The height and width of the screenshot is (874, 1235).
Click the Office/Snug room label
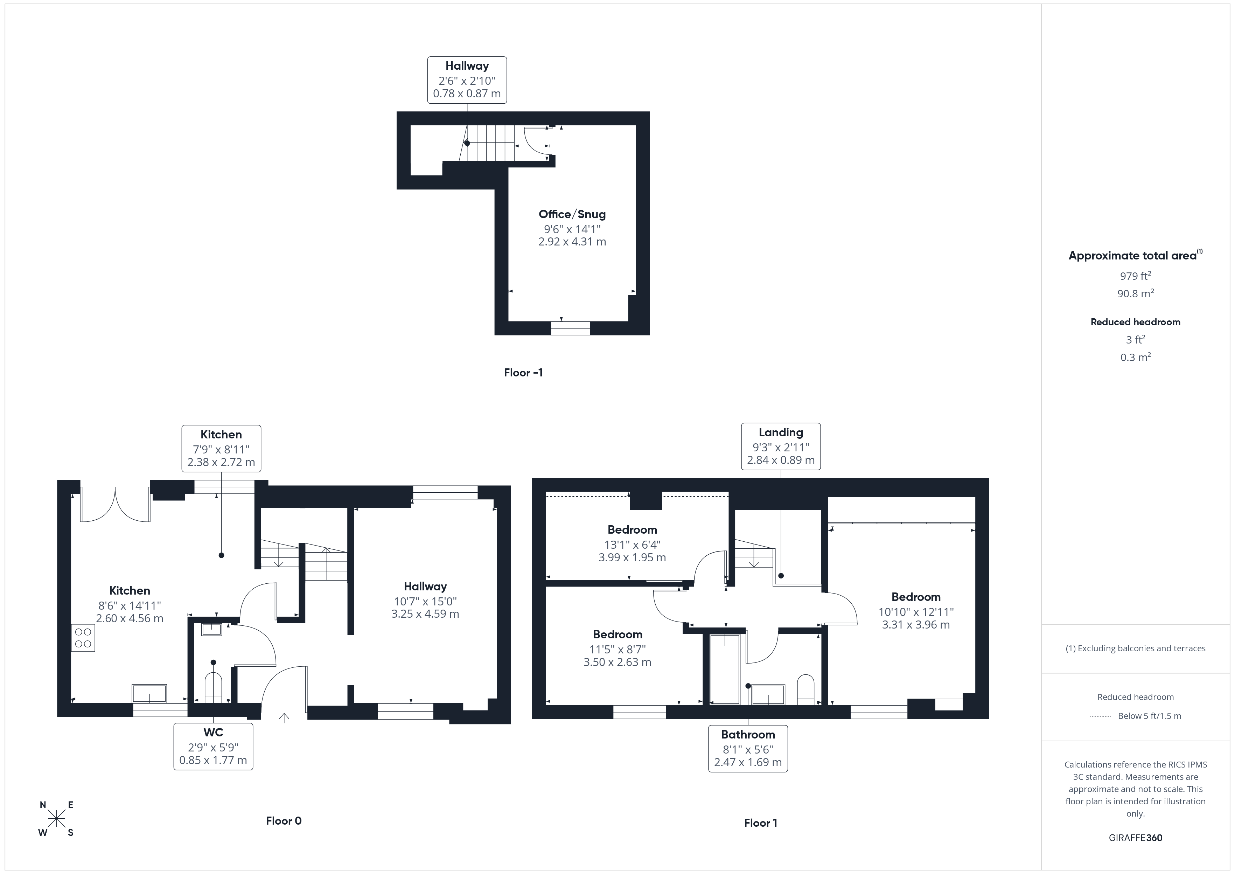(572, 214)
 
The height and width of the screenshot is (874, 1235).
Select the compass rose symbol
(56, 819)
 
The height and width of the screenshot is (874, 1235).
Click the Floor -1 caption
(523, 373)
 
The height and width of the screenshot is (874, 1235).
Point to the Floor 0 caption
(284, 821)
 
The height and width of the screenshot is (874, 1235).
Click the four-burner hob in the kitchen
(83, 638)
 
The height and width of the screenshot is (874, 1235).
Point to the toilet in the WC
(213, 687)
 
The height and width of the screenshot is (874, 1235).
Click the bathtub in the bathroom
(725, 668)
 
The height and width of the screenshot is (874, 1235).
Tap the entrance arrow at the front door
(284, 717)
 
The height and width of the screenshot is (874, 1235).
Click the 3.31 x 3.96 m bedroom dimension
(915, 625)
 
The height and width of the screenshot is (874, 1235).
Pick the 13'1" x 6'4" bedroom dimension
(632, 544)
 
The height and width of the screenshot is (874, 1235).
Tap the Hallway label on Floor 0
(425, 587)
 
